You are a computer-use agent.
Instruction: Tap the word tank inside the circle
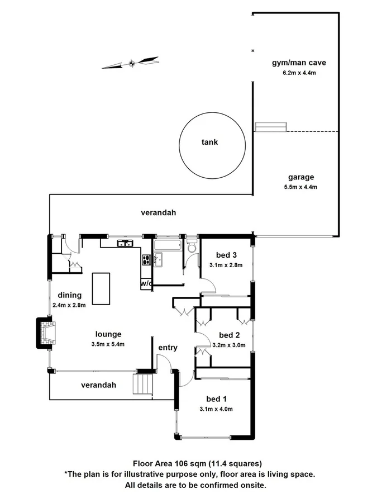209,142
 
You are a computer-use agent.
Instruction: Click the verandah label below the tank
159,212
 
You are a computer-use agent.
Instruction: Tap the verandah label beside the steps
98,385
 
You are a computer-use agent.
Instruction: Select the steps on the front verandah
142,385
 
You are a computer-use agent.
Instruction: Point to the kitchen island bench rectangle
102,288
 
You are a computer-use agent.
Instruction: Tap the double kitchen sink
124,243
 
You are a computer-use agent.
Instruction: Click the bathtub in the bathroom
167,245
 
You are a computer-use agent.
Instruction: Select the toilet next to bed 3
192,247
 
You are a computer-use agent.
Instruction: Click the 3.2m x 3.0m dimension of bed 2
229,345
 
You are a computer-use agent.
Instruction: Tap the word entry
168,348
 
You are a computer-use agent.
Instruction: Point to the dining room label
69,295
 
